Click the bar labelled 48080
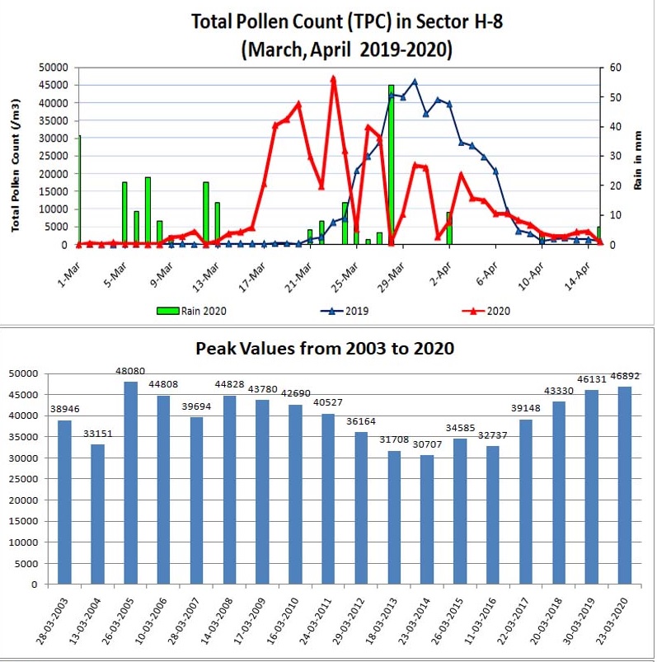(x=130, y=482)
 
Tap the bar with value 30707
(x=427, y=519)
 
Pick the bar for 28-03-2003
(x=64, y=502)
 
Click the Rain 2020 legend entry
(x=191, y=311)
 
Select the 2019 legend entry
(x=345, y=311)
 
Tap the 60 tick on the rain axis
(x=615, y=67)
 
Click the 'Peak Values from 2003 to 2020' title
(x=325, y=349)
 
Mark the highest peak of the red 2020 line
(x=333, y=79)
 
